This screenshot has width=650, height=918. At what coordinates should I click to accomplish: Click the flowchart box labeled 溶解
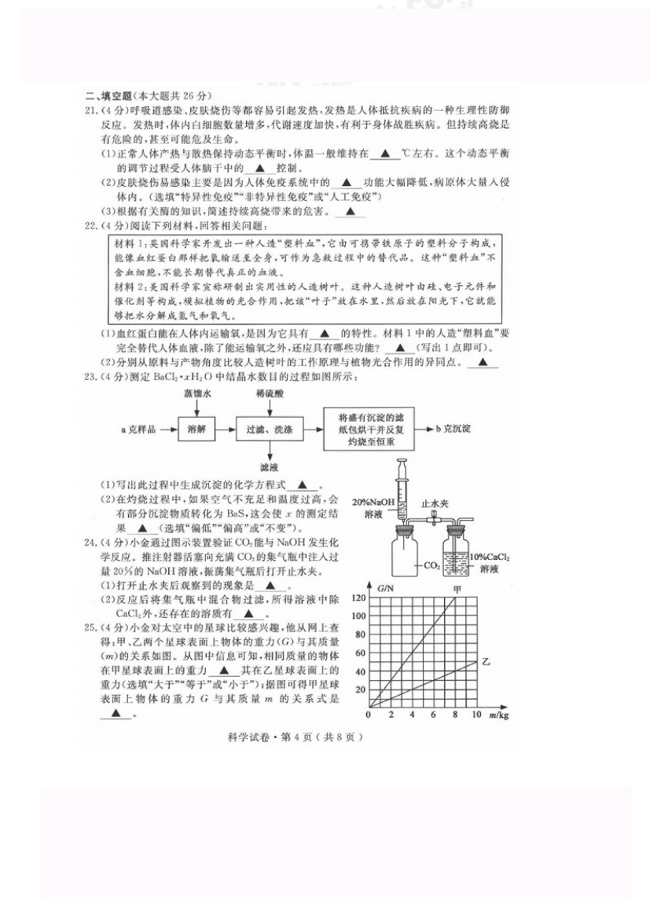[x=197, y=430]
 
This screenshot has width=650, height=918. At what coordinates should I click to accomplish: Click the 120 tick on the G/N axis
[x=359, y=598]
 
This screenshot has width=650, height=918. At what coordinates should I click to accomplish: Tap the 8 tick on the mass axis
[x=454, y=715]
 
